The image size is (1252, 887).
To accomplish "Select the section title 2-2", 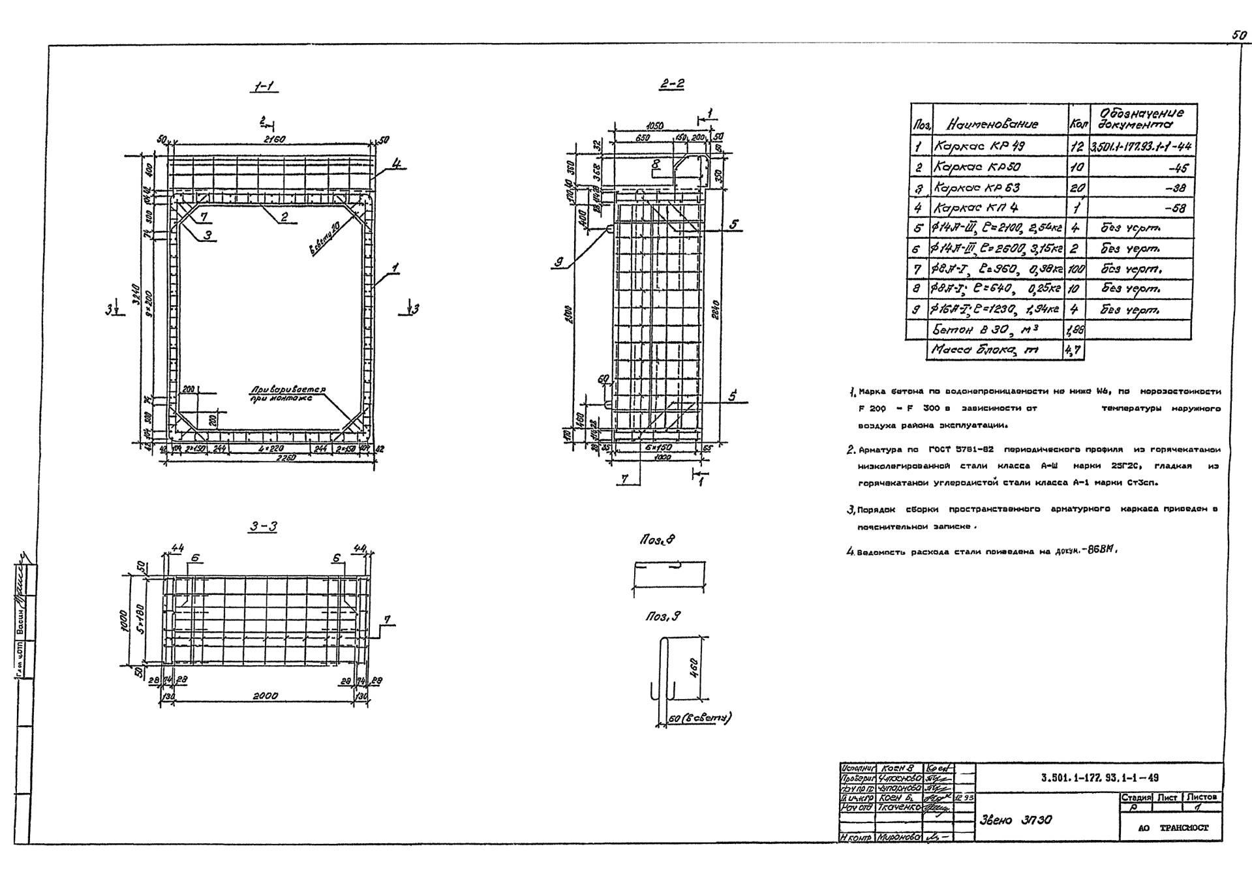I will pyautogui.click(x=672, y=83).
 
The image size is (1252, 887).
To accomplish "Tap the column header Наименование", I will pyautogui.click(x=992, y=124).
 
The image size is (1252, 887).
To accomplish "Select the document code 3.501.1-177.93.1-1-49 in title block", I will pyautogui.click(x=1099, y=777).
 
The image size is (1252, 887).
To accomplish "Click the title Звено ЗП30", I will pyautogui.click(x=1016, y=820).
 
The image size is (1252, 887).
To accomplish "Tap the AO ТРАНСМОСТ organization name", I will pyautogui.click(x=1173, y=828).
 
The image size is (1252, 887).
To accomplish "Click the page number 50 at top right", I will pyautogui.click(x=1239, y=36).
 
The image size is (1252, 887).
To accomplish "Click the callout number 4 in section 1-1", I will pyautogui.click(x=398, y=165).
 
